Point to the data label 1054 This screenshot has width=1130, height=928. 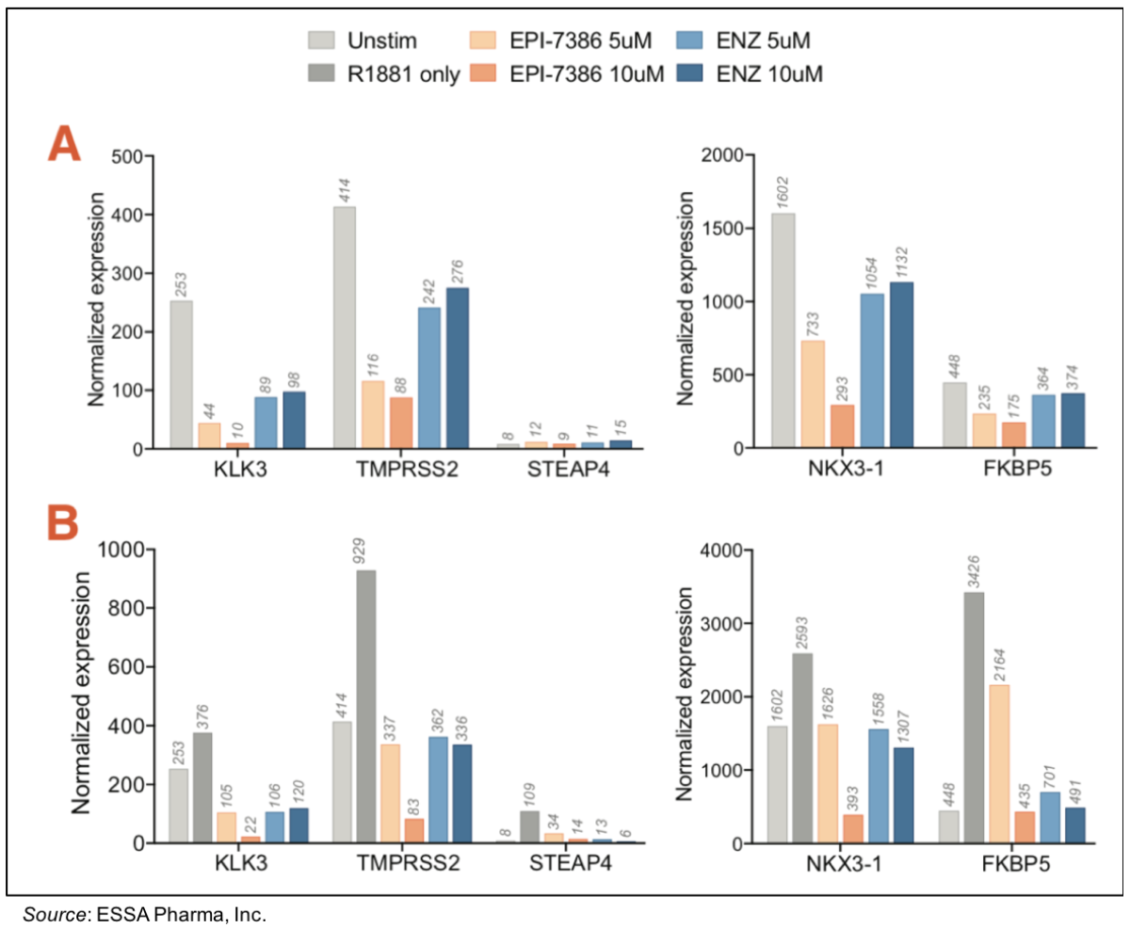click(x=870, y=265)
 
